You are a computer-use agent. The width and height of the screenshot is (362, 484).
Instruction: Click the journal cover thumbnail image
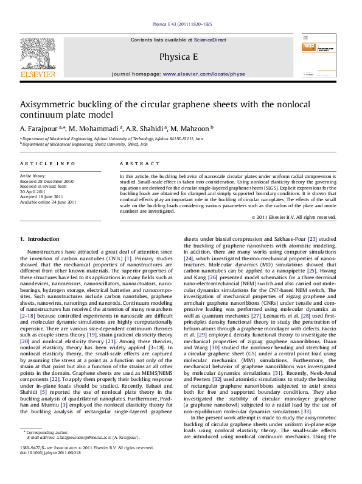324,56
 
